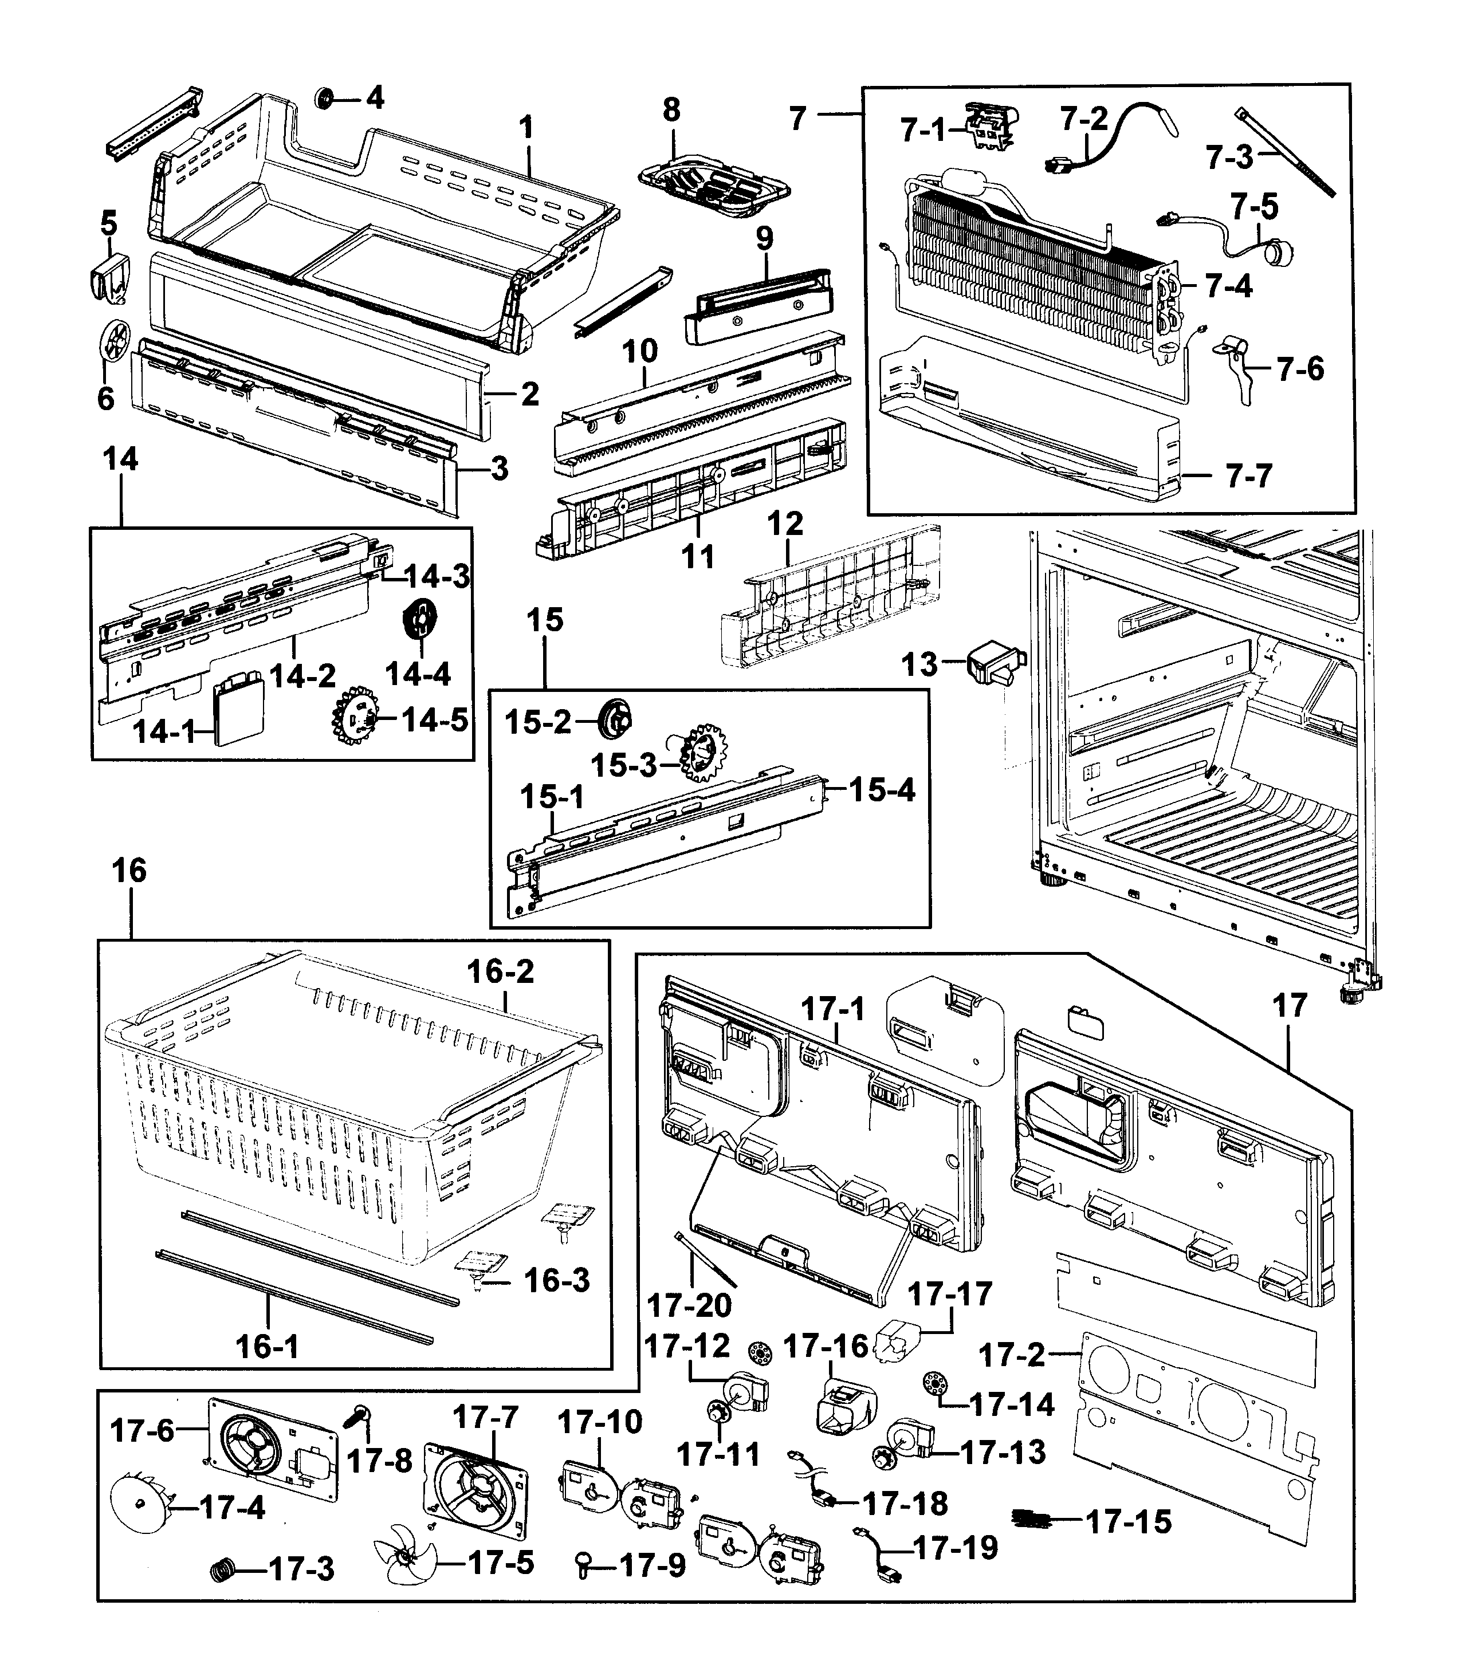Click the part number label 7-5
1254,207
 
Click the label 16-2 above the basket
500,970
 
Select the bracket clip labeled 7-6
1237,366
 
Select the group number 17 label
1290,1006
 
